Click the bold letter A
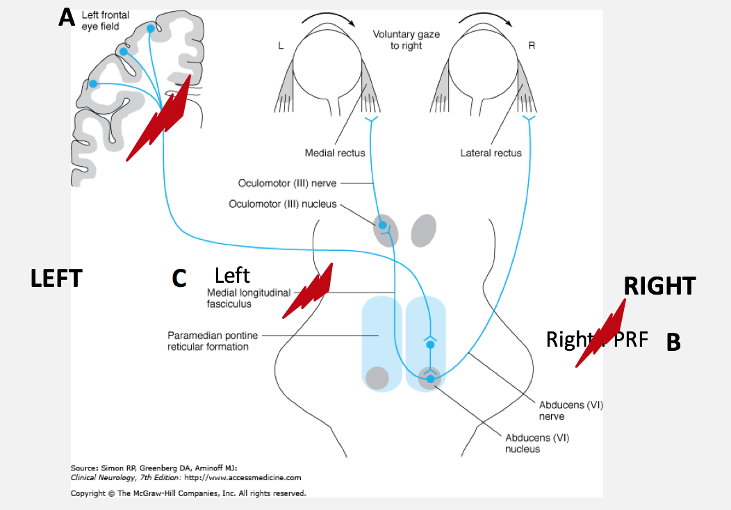coord(67,17)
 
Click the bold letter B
coord(673,342)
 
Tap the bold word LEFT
coord(56,279)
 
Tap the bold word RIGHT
coord(659,286)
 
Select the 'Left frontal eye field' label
coord(101,20)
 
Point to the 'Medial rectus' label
coord(335,153)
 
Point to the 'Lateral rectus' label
coord(491,153)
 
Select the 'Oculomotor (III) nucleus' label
coord(283,204)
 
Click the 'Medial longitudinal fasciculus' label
coord(248,298)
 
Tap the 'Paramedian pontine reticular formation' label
coord(213,340)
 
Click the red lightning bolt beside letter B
coord(602,332)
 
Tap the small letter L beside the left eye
coord(280,47)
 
